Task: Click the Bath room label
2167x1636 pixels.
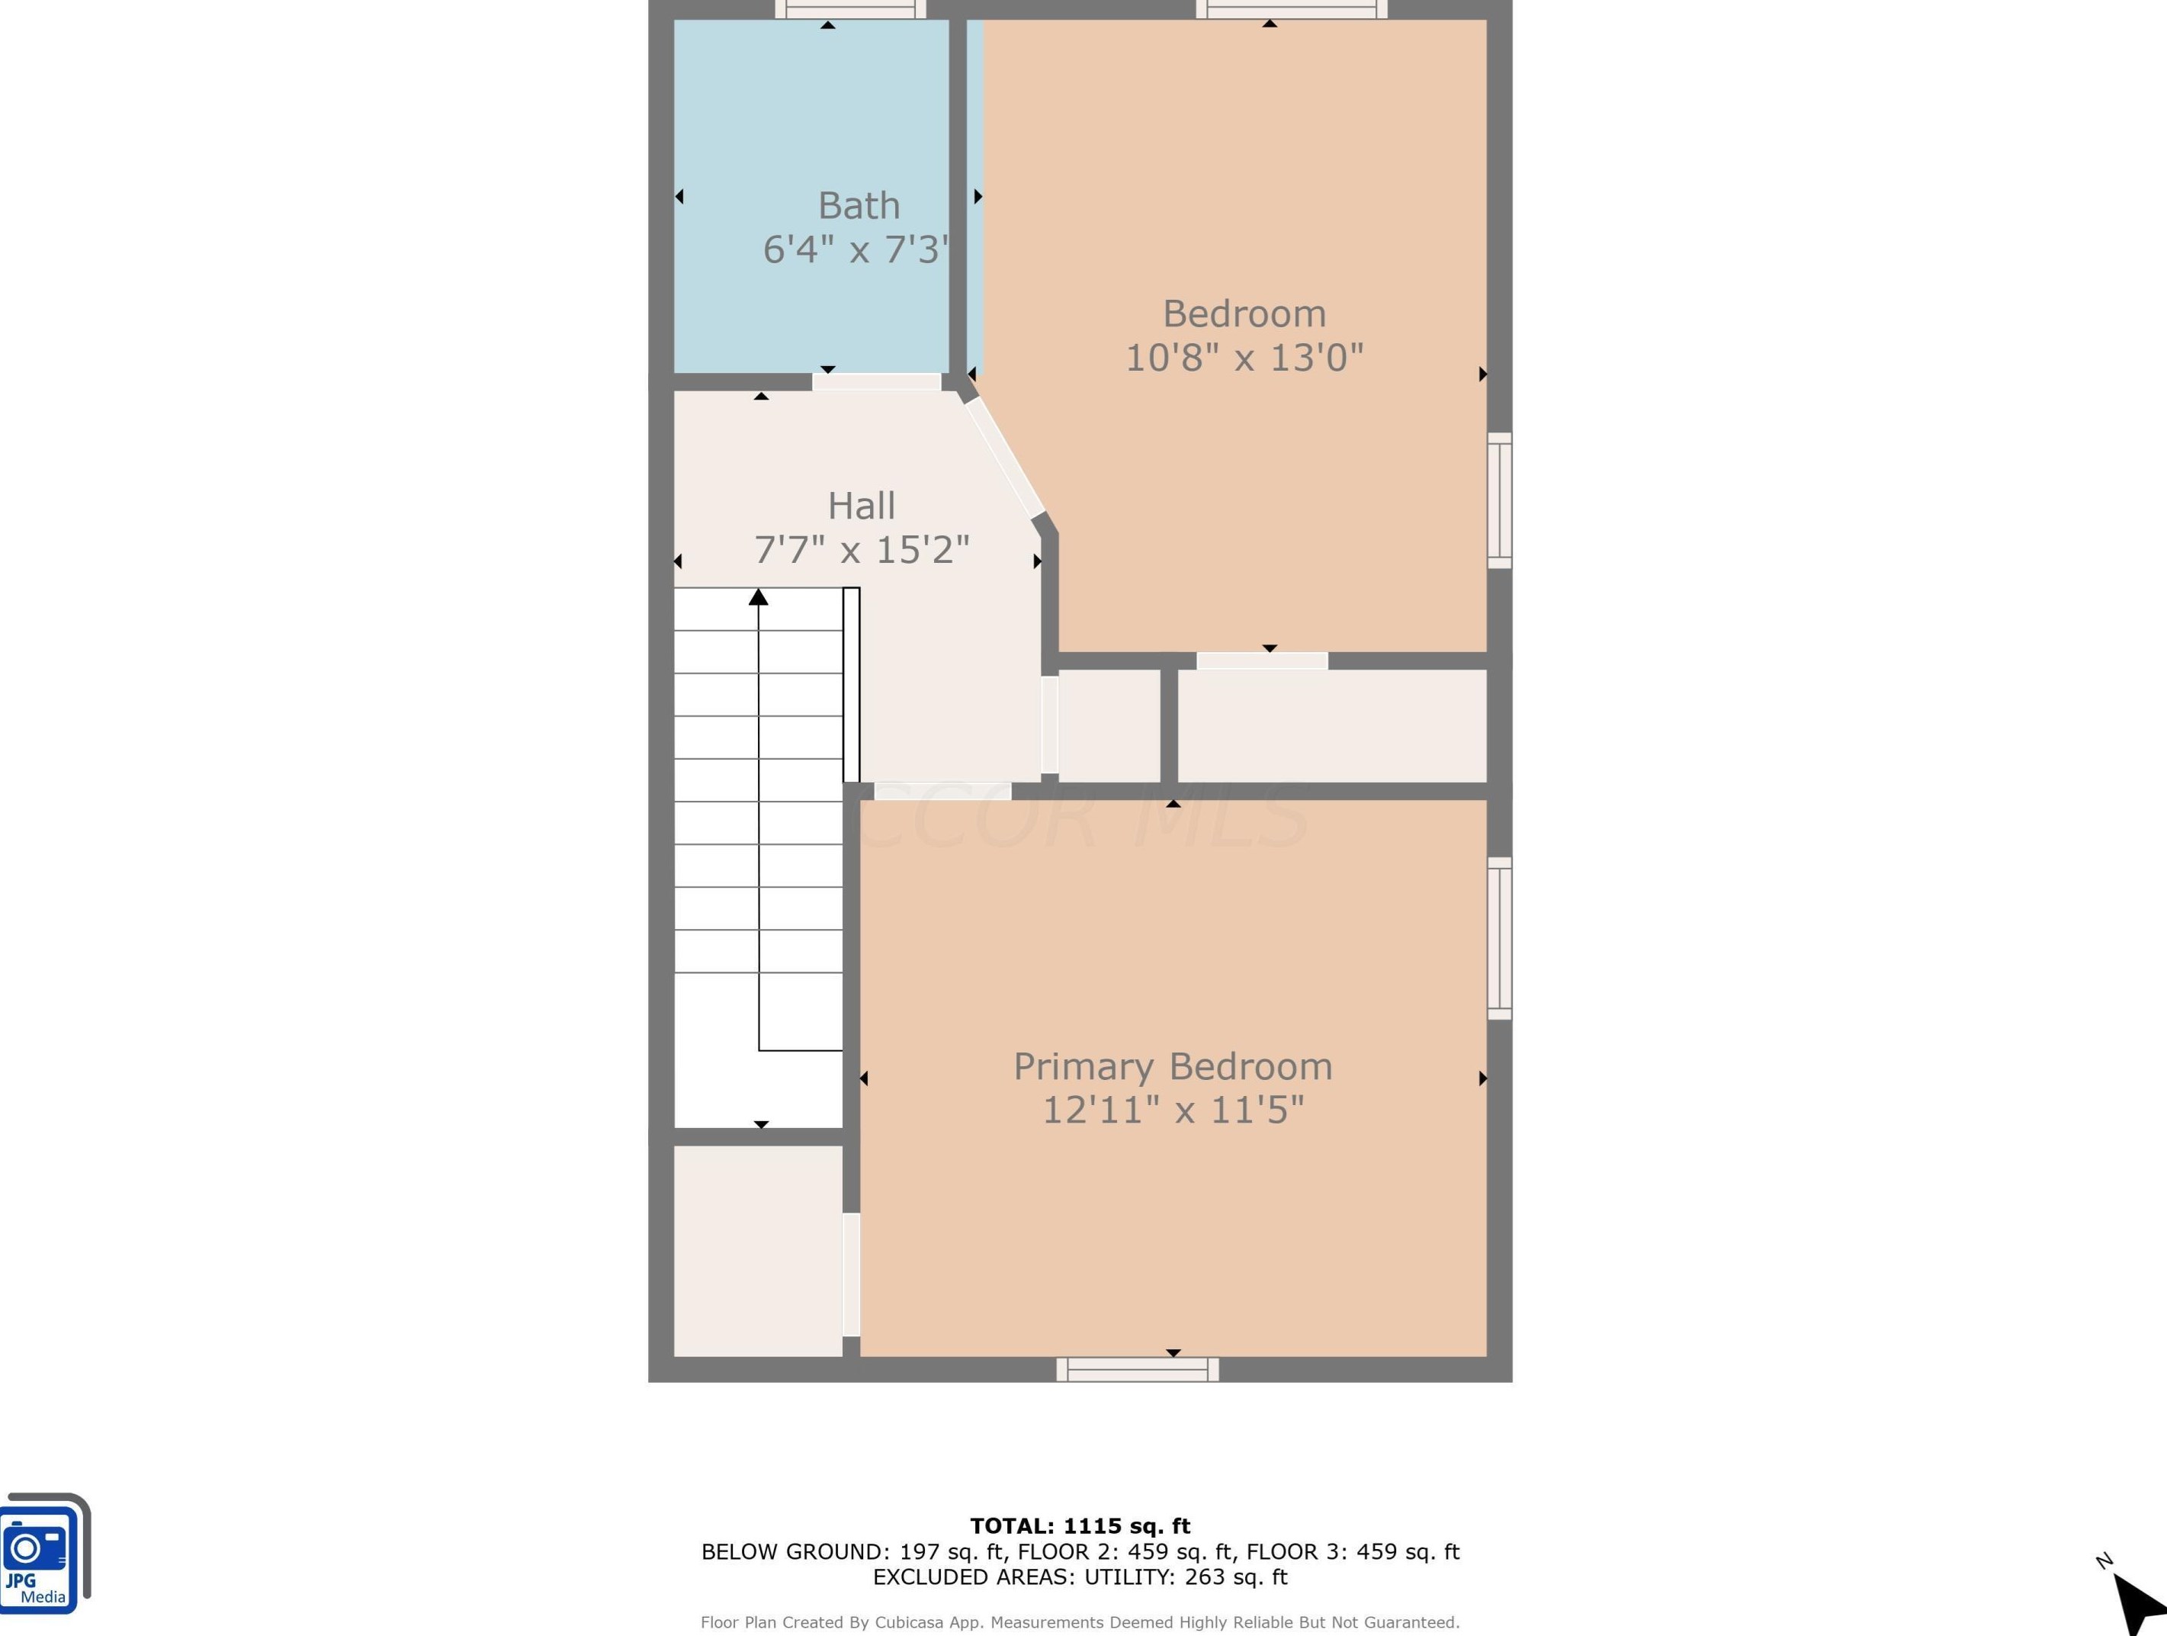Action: (858, 206)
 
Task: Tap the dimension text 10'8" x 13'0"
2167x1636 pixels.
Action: (1243, 358)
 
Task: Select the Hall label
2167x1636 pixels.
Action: (861, 506)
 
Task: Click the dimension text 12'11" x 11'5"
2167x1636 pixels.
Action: (1173, 1110)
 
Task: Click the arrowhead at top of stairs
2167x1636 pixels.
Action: (758, 596)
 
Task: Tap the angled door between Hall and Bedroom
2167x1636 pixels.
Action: (1005, 458)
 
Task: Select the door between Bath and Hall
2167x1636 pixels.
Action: (876, 382)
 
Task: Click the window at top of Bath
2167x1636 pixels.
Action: (849, 10)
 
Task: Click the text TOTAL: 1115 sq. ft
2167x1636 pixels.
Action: (1080, 1525)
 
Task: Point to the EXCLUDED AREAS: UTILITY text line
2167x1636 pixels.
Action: (1080, 1577)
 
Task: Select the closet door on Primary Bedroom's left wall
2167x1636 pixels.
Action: (851, 1274)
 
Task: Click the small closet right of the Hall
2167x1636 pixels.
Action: (1109, 726)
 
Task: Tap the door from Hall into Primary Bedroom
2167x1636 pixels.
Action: (942, 791)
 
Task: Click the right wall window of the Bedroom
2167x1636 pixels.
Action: (1499, 500)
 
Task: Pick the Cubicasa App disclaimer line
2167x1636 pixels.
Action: (1080, 1622)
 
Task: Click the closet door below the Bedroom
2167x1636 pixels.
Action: (1262, 661)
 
